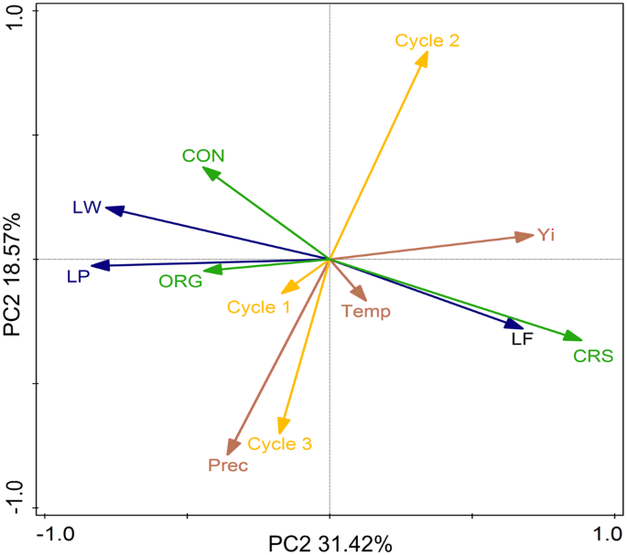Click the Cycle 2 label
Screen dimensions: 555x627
pyautogui.click(x=427, y=40)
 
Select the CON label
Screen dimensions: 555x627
pyautogui.click(x=203, y=155)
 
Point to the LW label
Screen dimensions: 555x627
pyautogui.click(x=87, y=208)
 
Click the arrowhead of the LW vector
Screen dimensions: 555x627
pyautogui.click(x=112, y=209)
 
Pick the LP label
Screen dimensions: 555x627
pyautogui.click(x=78, y=276)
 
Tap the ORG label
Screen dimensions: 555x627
pyautogui.click(x=180, y=282)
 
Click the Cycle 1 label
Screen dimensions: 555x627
pyautogui.click(x=259, y=307)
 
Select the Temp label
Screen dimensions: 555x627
pyautogui.click(x=366, y=312)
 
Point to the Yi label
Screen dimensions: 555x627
pyautogui.click(x=546, y=235)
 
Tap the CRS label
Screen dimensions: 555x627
pyautogui.click(x=593, y=356)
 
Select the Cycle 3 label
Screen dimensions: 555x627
pyautogui.click(x=280, y=444)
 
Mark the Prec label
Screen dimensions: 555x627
pyautogui.click(x=228, y=465)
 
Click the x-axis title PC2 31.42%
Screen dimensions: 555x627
pyautogui.click(x=330, y=544)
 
